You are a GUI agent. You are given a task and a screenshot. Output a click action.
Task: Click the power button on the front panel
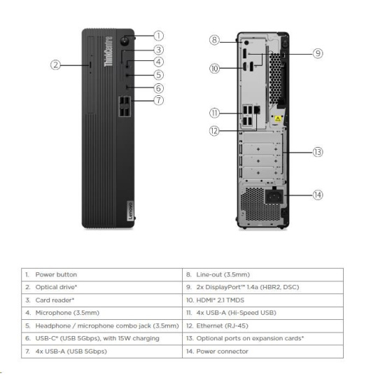(x=125, y=41)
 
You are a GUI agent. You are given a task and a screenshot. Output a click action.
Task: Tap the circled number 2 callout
(x=55, y=65)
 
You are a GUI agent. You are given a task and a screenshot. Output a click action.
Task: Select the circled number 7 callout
(x=159, y=100)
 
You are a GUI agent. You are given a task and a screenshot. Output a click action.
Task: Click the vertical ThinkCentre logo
(x=108, y=51)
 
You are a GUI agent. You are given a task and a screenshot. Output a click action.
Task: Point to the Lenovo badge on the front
(x=130, y=211)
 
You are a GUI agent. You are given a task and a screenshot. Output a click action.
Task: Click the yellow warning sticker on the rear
(x=278, y=118)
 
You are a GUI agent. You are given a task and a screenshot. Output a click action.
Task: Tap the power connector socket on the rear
(x=274, y=196)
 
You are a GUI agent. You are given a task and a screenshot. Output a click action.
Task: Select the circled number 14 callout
(x=318, y=195)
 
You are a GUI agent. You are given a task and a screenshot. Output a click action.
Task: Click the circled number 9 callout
(x=318, y=53)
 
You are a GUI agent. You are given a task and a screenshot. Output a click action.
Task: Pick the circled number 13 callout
(x=318, y=152)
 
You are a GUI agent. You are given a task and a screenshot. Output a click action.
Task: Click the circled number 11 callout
(x=214, y=113)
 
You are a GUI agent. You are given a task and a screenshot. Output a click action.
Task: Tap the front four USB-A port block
(x=125, y=106)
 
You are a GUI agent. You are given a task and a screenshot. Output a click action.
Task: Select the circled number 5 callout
(x=159, y=75)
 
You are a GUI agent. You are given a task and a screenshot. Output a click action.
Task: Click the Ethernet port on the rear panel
(x=257, y=109)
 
